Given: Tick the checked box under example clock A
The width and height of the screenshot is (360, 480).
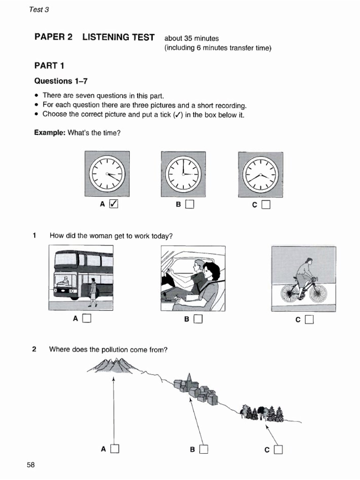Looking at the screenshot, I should (x=114, y=204).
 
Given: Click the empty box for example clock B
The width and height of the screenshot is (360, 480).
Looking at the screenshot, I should (x=189, y=204).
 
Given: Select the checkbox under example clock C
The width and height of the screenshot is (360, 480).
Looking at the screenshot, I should (x=266, y=204).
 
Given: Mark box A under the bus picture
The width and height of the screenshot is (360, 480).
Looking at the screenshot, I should (x=86, y=319).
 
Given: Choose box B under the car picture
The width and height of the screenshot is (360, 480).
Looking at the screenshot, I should (x=197, y=319).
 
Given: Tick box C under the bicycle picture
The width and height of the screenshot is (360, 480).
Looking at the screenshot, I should (x=309, y=320).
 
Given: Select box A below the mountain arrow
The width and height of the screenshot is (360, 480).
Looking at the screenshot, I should (x=115, y=449).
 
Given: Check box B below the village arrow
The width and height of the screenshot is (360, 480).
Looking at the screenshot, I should (x=203, y=450).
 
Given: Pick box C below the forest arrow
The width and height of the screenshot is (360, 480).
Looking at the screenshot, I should (x=278, y=450).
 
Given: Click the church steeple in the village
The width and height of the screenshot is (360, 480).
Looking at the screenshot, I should (x=188, y=379).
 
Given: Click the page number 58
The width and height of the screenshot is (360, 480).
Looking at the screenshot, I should (x=31, y=465).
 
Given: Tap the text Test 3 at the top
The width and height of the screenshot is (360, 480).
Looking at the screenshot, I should (x=39, y=10).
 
